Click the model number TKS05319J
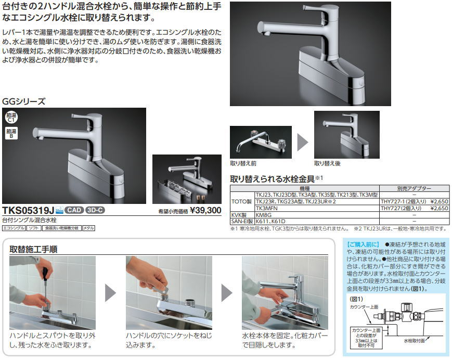28,210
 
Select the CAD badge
74,210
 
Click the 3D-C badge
95,210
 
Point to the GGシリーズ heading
24,101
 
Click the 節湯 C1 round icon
11,117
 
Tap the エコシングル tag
14,228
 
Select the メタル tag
88,228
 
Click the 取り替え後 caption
327,163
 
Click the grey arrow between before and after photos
303,142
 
